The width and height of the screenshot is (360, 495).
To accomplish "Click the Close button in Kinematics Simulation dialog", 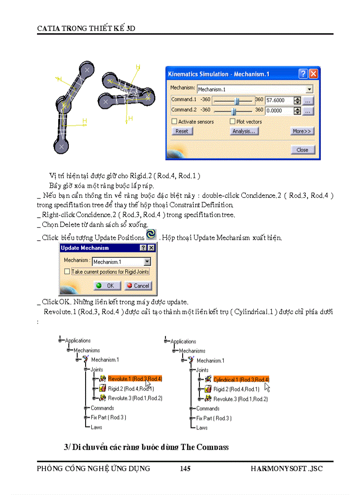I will coord(302,150).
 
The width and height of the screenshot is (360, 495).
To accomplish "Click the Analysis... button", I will coord(244,131).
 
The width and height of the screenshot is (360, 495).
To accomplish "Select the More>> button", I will coord(302,131).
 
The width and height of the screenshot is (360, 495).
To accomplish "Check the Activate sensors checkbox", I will coord(175,122).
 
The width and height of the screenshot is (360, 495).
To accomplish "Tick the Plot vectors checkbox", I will coord(232,122).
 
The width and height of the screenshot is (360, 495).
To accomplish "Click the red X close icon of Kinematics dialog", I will coord(313,74).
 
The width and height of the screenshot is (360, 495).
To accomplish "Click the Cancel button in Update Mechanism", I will coord(138,286).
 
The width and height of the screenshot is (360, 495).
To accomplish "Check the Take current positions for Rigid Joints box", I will coord(67,272).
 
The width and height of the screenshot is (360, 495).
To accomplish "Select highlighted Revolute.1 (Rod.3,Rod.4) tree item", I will coord(135,379).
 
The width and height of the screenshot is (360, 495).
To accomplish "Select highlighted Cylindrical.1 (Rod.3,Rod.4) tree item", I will coord(241,380).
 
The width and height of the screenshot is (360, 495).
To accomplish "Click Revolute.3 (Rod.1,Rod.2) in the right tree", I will coord(240,399).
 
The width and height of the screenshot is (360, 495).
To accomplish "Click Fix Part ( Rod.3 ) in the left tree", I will coord(108,417).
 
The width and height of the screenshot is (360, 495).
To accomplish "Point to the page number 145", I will coord(185,469).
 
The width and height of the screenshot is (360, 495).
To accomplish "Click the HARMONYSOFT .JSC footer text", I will coord(286,469).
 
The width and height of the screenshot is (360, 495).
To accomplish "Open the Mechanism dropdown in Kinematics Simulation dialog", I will coord(309,89).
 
